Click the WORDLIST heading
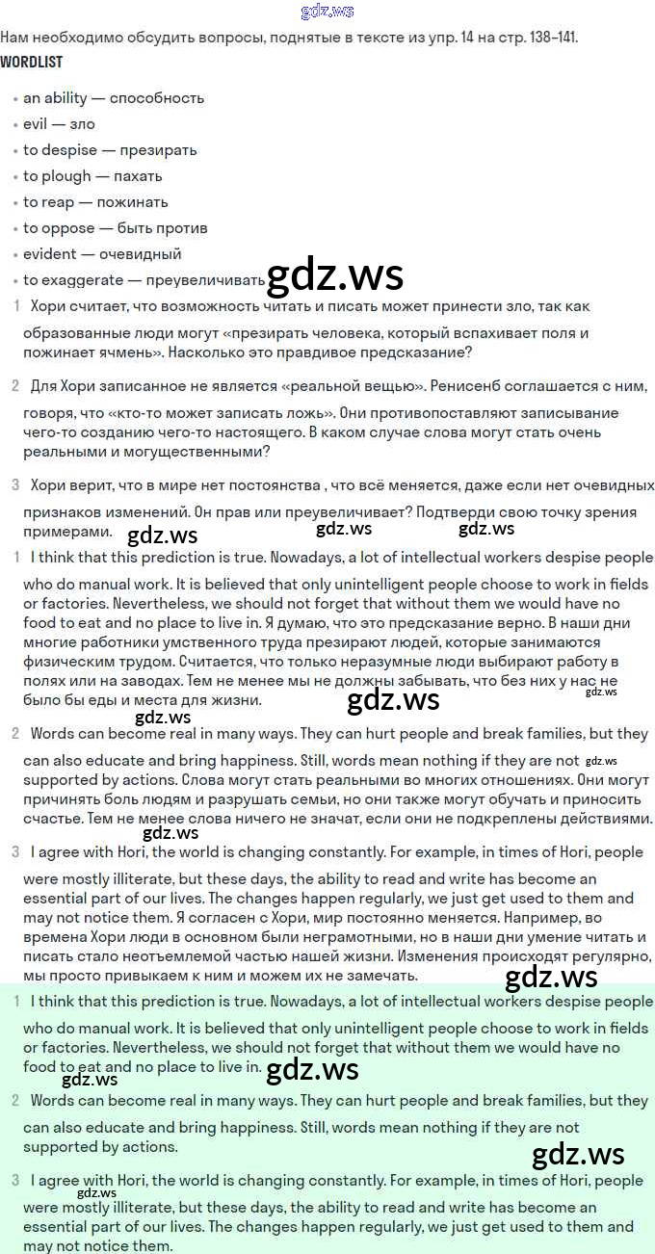[x=32, y=63]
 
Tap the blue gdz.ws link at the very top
[x=327, y=12]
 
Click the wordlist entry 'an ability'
[x=55, y=98]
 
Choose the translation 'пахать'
[x=138, y=176]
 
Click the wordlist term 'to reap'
[x=48, y=202]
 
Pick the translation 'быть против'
[x=163, y=228]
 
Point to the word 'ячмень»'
[x=133, y=353]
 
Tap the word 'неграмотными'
[x=280, y=937]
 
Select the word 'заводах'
[x=122, y=681]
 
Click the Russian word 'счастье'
[x=54, y=819]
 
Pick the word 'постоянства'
[x=273, y=484]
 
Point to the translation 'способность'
[x=157, y=98]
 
